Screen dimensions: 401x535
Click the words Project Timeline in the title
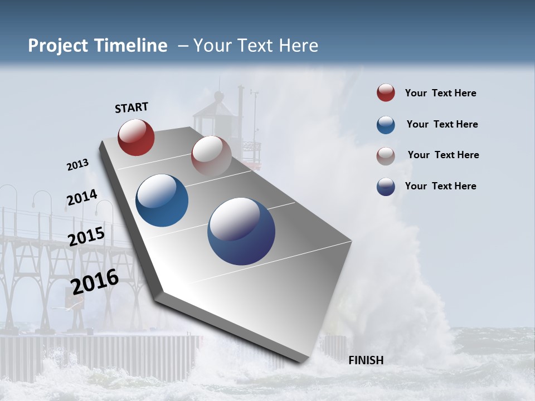[x=98, y=46]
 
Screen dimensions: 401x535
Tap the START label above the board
[x=132, y=107]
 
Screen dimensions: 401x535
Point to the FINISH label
[x=366, y=360]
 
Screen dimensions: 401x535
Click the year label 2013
[x=77, y=165]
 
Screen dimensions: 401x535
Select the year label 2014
[x=82, y=198]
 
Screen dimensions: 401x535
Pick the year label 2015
[x=86, y=236]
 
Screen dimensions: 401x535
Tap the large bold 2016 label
[x=95, y=282]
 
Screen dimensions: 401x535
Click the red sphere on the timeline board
[x=136, y=137]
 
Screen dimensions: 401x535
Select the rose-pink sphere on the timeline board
[x=211, y=156]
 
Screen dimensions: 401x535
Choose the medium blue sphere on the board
[x=162, y=200]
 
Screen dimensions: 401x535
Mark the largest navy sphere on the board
[x=241, y=231]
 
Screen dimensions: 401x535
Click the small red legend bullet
[x=386, y=93]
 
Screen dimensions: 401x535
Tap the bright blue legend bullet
[x=386, y=125]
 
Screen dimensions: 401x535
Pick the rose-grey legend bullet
[x=386, y=155]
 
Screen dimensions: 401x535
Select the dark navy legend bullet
[x=386, y=187]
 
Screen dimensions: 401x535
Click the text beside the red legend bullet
[x=440, y=94]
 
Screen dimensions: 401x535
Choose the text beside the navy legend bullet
[x=440, y=186]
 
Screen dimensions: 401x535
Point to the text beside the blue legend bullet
[x=442, y=124]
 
